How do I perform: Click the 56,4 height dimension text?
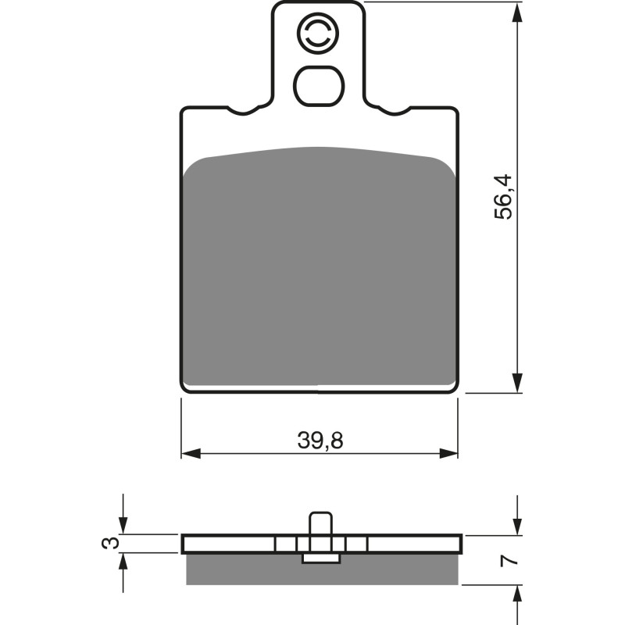coord(505,196)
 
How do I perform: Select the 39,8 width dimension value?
coord(320,441)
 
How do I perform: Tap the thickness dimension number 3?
coord(113,543)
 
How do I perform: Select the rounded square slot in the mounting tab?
coord(318,85)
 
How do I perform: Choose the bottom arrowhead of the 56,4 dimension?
coord(516,384)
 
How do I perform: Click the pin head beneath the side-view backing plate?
coord(320,558)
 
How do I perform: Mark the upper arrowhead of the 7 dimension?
coord(516,527)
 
